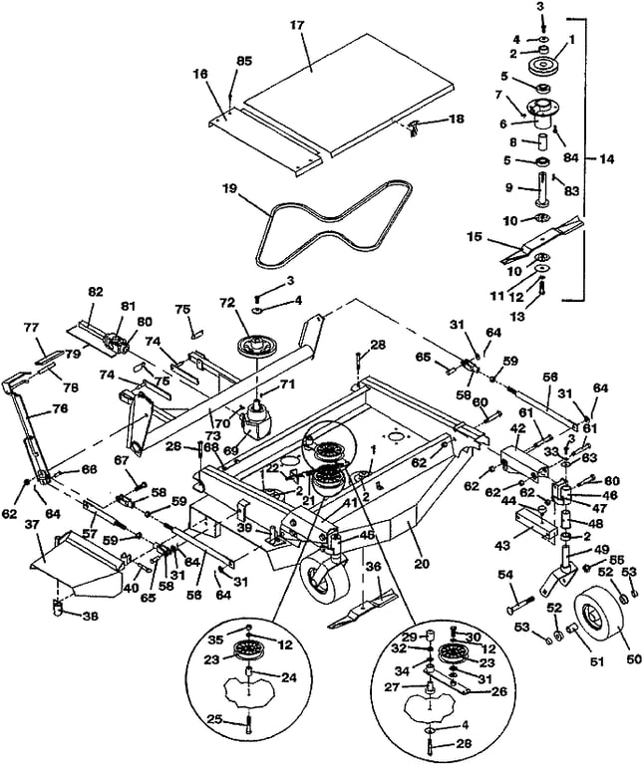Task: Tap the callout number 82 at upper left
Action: [x=97, y=292]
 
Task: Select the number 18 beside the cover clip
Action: [x=457, y=120]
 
